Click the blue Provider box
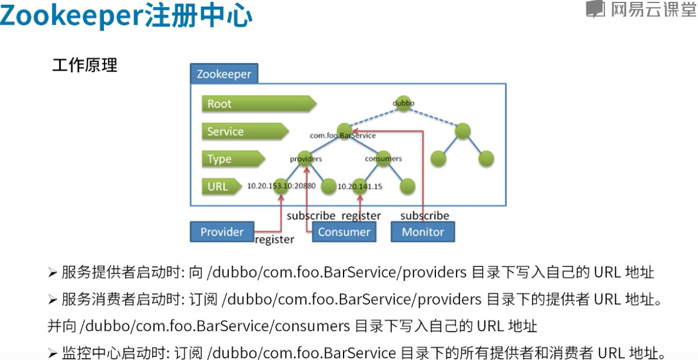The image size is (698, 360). coord(222,232)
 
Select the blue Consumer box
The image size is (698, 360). coord(344,232)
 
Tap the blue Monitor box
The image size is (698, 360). coord(423,232)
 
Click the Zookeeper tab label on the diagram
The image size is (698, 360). coord(224,74)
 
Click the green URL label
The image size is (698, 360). coord(217,186)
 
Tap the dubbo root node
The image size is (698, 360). coord(403,103)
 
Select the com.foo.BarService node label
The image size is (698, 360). coord(342,136)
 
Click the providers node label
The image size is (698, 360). coord(306,159)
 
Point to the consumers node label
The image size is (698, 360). coord(383,159)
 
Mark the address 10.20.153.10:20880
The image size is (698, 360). coord(281,186)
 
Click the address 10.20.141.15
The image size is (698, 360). coord(360,187)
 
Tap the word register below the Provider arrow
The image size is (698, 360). coord(274,240)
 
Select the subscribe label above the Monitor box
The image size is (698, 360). coord(424,216)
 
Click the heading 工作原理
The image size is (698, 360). coord(85,65)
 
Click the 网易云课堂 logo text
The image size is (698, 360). coord(653,10)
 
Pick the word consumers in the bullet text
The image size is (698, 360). coord(312,326)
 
